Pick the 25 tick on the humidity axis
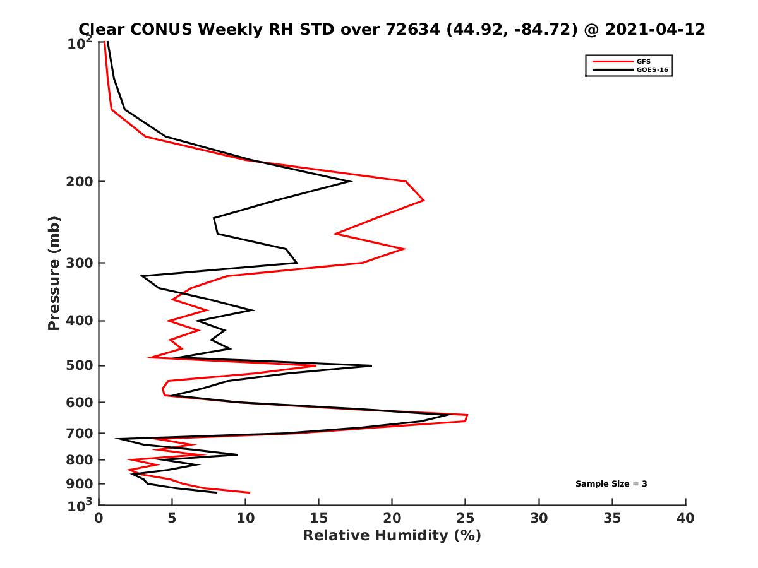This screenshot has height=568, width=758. click(x=466, y=518)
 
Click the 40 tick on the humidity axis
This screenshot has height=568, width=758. click(x=685, y=518)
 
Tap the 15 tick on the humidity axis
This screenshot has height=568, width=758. click(x=319, y=518)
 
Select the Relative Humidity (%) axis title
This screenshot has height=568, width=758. click(x=392, y=536)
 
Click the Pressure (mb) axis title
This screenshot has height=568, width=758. click(x=54, y=273)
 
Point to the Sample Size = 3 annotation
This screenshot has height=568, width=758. click(x=611, y=484)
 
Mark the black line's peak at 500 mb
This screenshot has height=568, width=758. click(x=371, y=365)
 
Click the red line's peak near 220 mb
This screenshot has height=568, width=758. click(x=424, y=201)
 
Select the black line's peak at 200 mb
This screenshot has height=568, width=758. click(x=351, y=182)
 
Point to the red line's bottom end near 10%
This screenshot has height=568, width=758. click(x=250, y=492)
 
